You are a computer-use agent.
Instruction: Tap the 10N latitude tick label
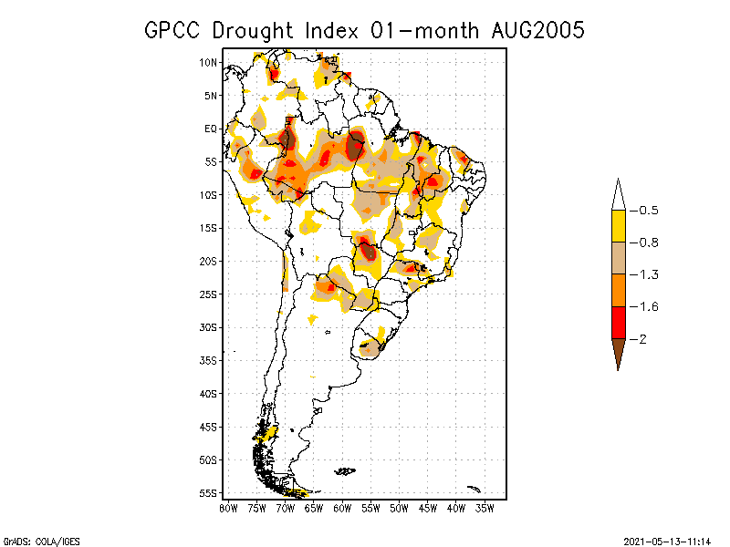[208, 62]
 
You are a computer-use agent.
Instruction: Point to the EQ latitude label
[210, 129]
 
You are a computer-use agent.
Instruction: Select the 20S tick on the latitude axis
[208, 261]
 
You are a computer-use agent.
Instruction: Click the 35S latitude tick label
[208, 360]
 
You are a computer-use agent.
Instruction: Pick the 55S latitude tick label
[208, 492]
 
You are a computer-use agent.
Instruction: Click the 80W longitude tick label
[228, 508]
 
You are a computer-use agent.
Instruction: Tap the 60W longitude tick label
[342, 508]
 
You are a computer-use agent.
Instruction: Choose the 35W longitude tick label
[485, 508]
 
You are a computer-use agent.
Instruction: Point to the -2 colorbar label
[640, 338]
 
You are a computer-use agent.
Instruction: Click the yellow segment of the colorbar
[618, 226]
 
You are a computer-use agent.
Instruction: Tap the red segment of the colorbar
[618, 322]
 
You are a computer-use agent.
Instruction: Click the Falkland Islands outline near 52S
[344, 471]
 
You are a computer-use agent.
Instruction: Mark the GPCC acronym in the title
[173, 30]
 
